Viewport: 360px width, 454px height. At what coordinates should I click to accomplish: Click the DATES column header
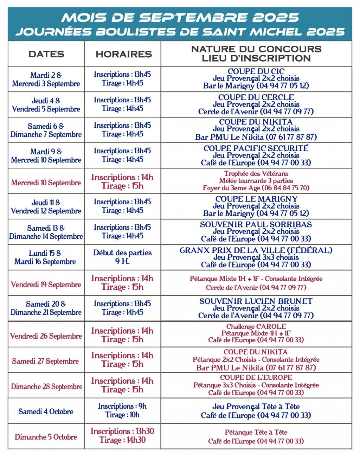[x=46, y=54]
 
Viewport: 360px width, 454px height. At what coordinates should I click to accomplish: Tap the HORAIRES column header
[x=123, y=54]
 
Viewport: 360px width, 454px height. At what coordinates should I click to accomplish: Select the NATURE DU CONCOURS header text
[x=256, y=49]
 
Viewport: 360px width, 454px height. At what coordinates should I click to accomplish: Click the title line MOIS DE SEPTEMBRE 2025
[x=180, y=17]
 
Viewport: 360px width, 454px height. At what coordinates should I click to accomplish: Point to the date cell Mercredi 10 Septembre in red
[x=46, y=183]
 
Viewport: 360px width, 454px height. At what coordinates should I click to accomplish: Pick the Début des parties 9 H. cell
[x=122, y=257]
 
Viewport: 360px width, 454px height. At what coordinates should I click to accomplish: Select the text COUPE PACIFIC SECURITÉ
[x=256, y=148]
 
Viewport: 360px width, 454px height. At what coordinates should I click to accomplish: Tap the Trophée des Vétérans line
[x=256, y=173]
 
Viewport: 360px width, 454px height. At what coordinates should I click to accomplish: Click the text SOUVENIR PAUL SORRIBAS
[x=256, y=224]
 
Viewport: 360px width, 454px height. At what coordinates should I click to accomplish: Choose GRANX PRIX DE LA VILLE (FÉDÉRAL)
[x=256, y=250]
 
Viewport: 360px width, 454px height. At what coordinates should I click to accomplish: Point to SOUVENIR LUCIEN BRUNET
[x=256, y=301]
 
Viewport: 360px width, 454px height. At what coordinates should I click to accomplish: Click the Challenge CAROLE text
[x=256, y=327]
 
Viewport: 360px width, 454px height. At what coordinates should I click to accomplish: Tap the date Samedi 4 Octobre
[x=46, y=411]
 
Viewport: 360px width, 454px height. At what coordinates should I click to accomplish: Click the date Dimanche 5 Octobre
[x=46, y=437]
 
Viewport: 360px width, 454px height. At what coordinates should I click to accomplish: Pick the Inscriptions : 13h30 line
[x=122, y=431]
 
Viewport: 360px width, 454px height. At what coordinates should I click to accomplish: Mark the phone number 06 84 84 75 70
[x=285, y=188]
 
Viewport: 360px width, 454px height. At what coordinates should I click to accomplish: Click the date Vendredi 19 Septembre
[x=46, y=284]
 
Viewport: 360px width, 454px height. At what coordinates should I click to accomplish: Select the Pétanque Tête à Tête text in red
[x=256, y=432]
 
